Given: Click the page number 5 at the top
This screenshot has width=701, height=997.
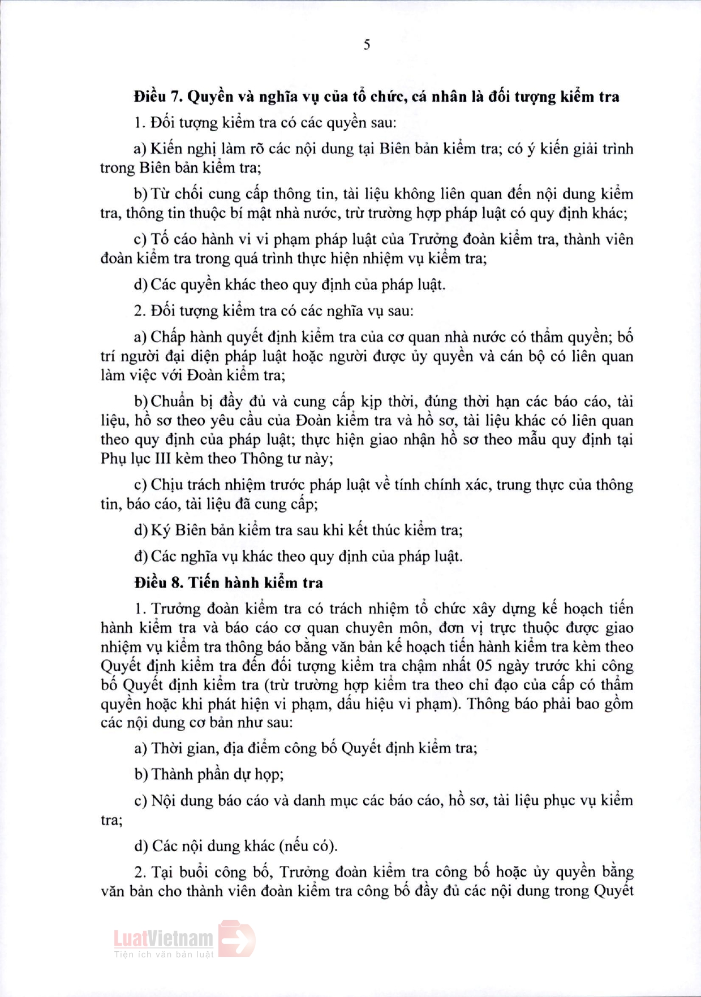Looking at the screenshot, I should (x=367, y=45).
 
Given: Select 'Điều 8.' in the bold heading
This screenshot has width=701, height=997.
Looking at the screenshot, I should (x=158, y=582).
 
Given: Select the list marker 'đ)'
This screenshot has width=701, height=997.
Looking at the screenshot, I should (x=140, y=556).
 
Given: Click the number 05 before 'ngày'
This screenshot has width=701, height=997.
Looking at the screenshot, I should (x=484, y=666).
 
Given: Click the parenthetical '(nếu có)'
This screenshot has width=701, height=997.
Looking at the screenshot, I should (x=308, y=846).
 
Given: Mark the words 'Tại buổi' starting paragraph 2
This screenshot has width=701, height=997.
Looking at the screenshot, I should (x=177, y=872).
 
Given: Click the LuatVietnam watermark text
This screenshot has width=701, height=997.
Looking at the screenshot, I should (x=164, y=939).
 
